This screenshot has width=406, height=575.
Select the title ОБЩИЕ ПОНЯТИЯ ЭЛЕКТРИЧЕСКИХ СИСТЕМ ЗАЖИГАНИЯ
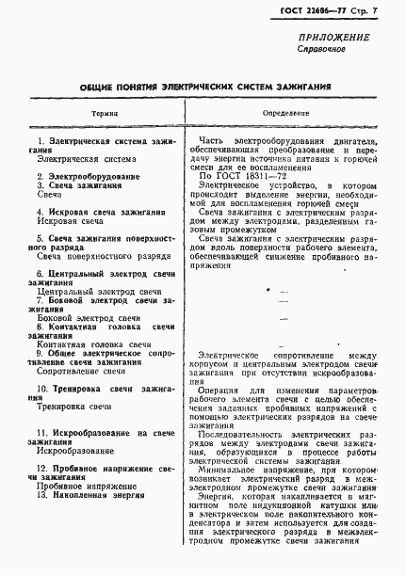[203, 85]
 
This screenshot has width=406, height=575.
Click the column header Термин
[105, 110]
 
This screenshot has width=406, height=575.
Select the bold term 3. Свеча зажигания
[80, 185]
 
